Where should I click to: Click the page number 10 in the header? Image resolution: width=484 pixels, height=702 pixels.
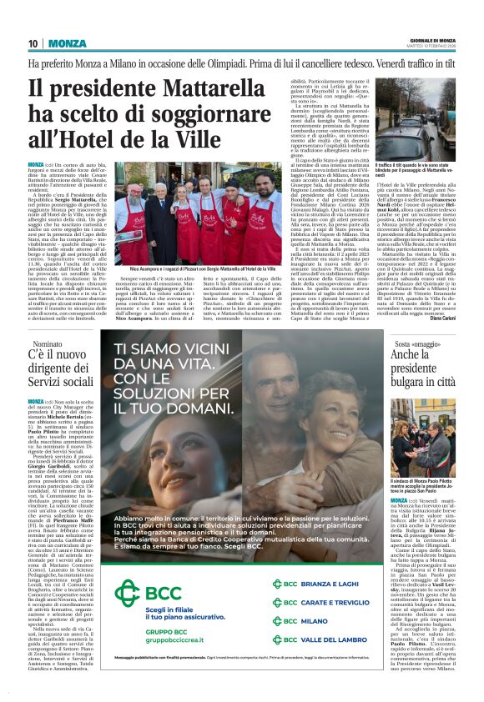33,43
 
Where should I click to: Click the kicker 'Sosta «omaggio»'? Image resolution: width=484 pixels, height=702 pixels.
415,343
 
